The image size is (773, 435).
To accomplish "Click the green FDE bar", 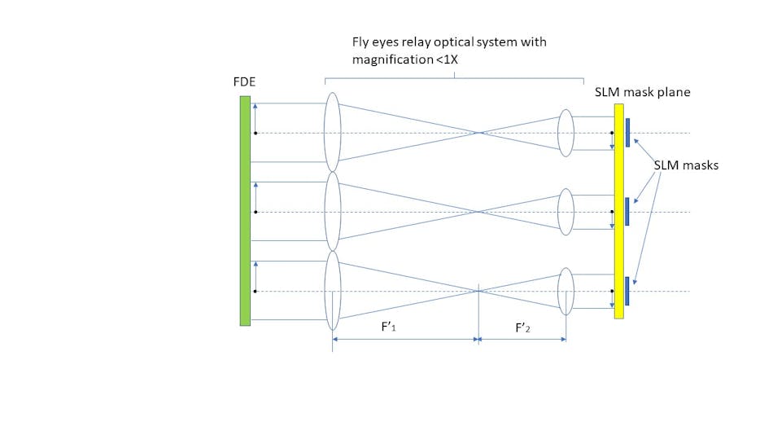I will pyautogui.click(x=245, y=210).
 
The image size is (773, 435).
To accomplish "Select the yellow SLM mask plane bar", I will pyautogui.click(x=619, y=210).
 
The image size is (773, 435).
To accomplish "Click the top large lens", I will pyautogui.click(x=331, y=132).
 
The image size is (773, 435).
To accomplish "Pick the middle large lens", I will pyautogui.click(x=331, y=211).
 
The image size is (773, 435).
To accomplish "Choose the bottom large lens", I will pyautogui.click(x=331, y=290).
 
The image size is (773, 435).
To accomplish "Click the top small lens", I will pyautogui.click(x=566, y=132).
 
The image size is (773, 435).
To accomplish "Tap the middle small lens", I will pyautogui.click(x=566, y=211).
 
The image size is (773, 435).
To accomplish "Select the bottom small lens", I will pyautogui.click(x=566, y=291).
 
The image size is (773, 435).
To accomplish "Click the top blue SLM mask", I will pyautogui.click(x=628, y=133).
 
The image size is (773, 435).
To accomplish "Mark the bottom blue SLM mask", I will pyautogui.click(x=628, y=291).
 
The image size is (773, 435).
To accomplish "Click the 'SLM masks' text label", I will pyautogui.click(x=686, y=165).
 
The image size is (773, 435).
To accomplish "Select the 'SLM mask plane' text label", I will pyautogui.click(x=642, y=92).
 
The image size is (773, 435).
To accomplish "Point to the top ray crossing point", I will pyautogui.click(x=481, y=133).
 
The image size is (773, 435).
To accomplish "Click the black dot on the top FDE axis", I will pyautogui.click(x=255, y=133).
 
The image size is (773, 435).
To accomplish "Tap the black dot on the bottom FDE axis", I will pyautogui.click(x=255, y=291).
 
